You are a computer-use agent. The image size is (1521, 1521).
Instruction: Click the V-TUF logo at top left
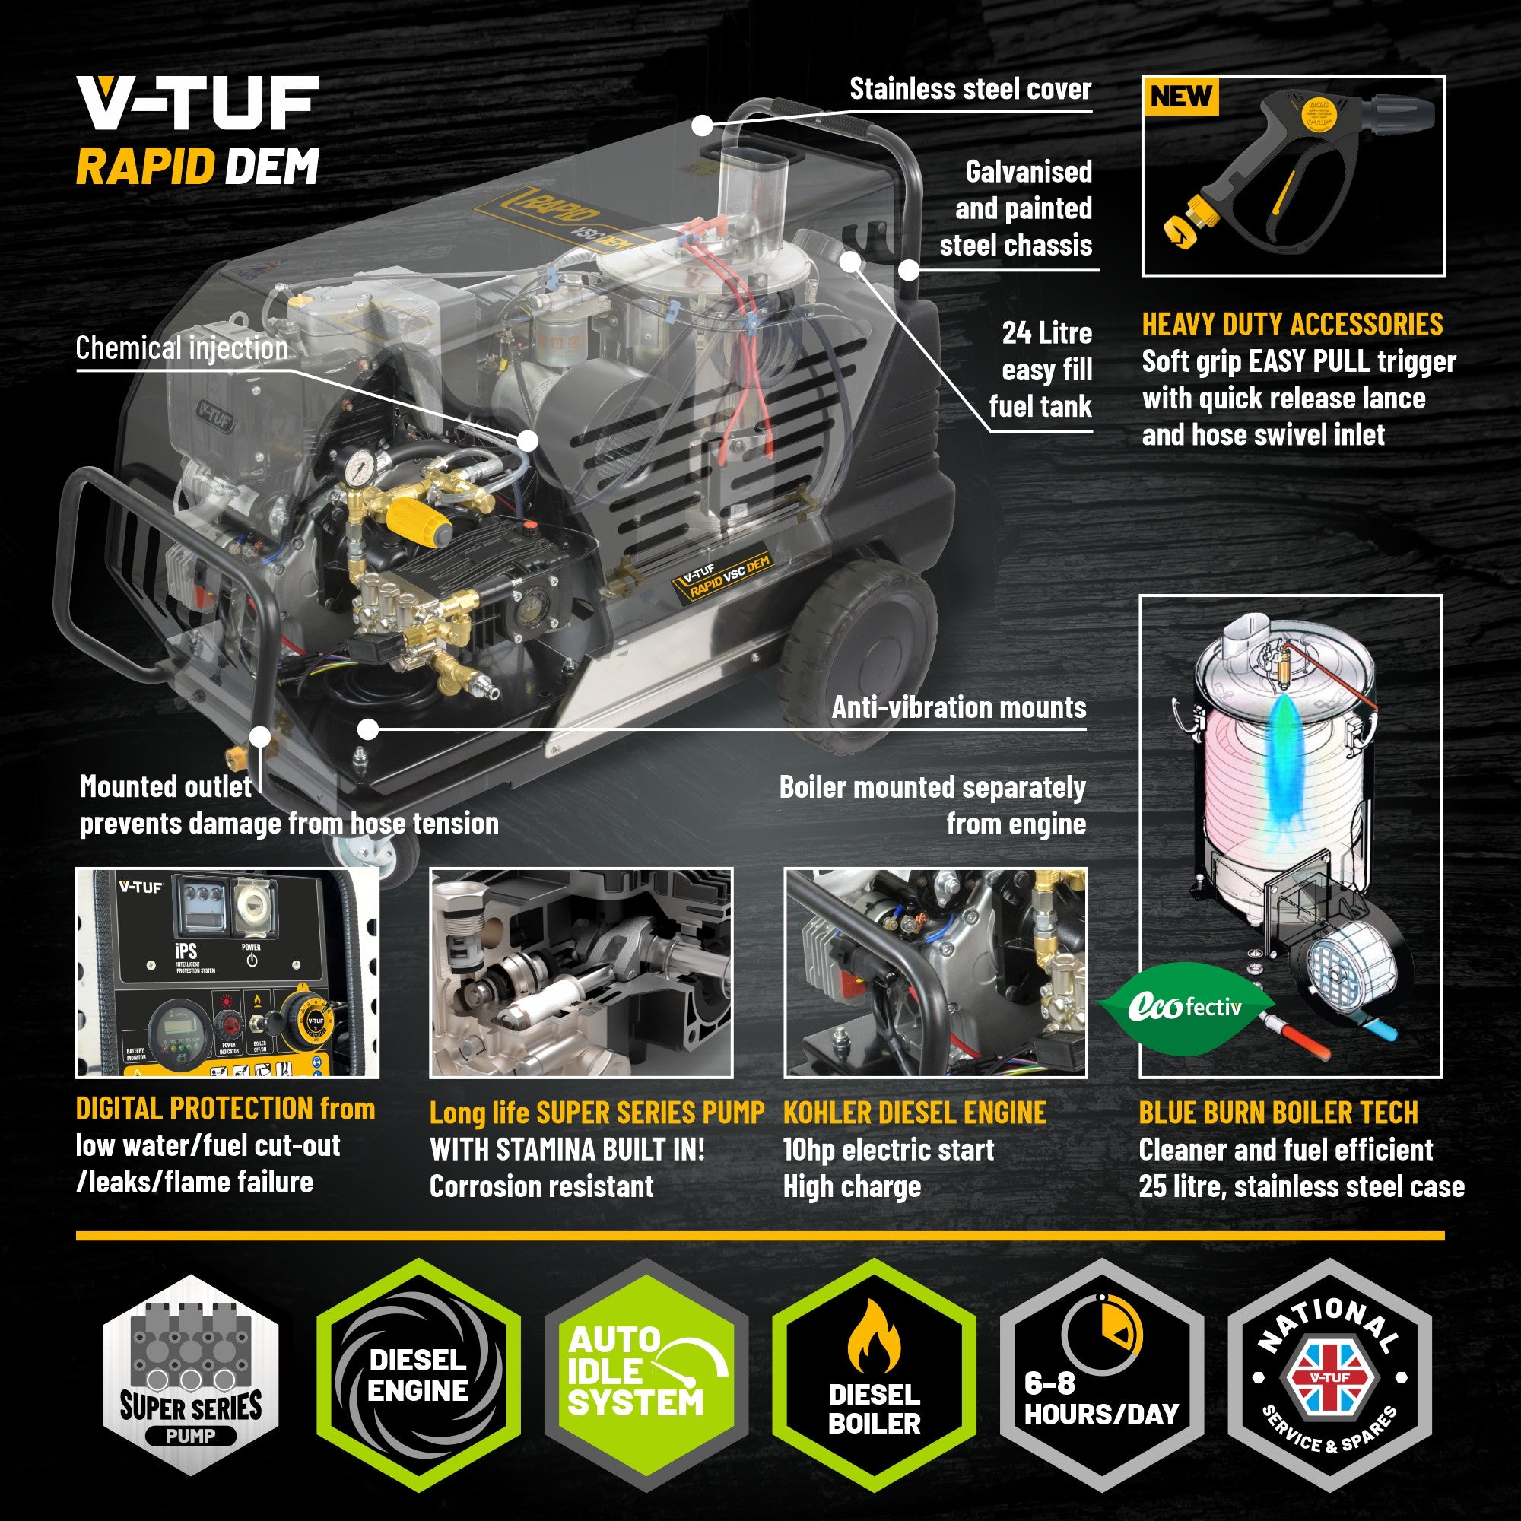click(198, 103)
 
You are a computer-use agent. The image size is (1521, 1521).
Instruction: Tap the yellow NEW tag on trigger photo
click(1180, 96)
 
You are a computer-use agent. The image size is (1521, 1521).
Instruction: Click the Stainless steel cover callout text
click(970, 89)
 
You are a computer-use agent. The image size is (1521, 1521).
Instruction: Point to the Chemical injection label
click(182, 348)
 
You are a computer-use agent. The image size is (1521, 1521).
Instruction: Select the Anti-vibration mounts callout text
click(958, 707)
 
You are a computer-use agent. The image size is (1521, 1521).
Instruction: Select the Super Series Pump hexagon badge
click(191, 1374)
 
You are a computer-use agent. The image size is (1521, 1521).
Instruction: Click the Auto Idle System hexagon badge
click(646, 1374)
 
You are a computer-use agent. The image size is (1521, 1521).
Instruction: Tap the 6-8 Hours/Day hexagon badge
click(1100, 1374)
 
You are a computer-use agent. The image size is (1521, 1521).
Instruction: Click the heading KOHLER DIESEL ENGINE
click(914, 1113)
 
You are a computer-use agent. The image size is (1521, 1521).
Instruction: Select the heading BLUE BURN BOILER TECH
click(1278, 1113)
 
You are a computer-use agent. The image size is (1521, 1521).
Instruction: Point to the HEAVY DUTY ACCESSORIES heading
click(1292, 325)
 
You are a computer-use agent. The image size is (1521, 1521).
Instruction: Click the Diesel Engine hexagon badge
click(418, 1374)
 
